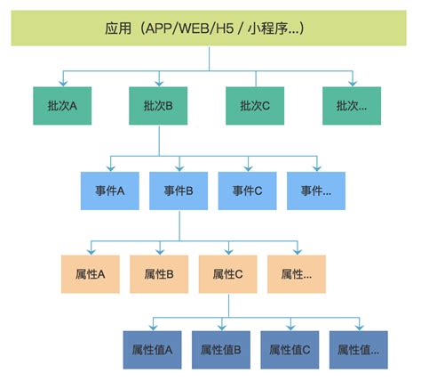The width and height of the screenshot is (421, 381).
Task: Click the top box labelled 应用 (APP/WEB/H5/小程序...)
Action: tap(210, 28)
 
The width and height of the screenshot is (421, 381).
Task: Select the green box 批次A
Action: tap(62, 105)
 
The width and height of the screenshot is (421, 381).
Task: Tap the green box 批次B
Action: tap(158, 105)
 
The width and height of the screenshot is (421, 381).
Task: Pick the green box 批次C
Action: tap(255, 105)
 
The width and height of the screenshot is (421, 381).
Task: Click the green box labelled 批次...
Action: tap(352, 105)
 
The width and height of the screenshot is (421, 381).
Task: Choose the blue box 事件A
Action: tap(109, 190)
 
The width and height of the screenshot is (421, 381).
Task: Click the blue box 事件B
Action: tap(179, 190)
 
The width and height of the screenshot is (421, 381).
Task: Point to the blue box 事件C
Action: tap(248, 190)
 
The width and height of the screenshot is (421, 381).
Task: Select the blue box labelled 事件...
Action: tap(316, 190)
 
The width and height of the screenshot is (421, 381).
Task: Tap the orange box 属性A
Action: tap(90, 274)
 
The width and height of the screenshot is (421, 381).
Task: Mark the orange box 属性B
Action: tap(159, 274)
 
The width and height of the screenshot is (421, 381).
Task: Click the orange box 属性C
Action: tap(228, 274)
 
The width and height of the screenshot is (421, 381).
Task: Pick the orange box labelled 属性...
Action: tap(297, 274)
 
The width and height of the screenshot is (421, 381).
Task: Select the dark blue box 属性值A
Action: tap(152, 350)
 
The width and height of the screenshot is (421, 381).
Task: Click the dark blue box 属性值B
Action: tap(221, 350)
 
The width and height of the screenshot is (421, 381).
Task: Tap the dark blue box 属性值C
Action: tap(290, 350)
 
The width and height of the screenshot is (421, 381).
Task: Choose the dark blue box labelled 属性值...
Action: tap(359, 350)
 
